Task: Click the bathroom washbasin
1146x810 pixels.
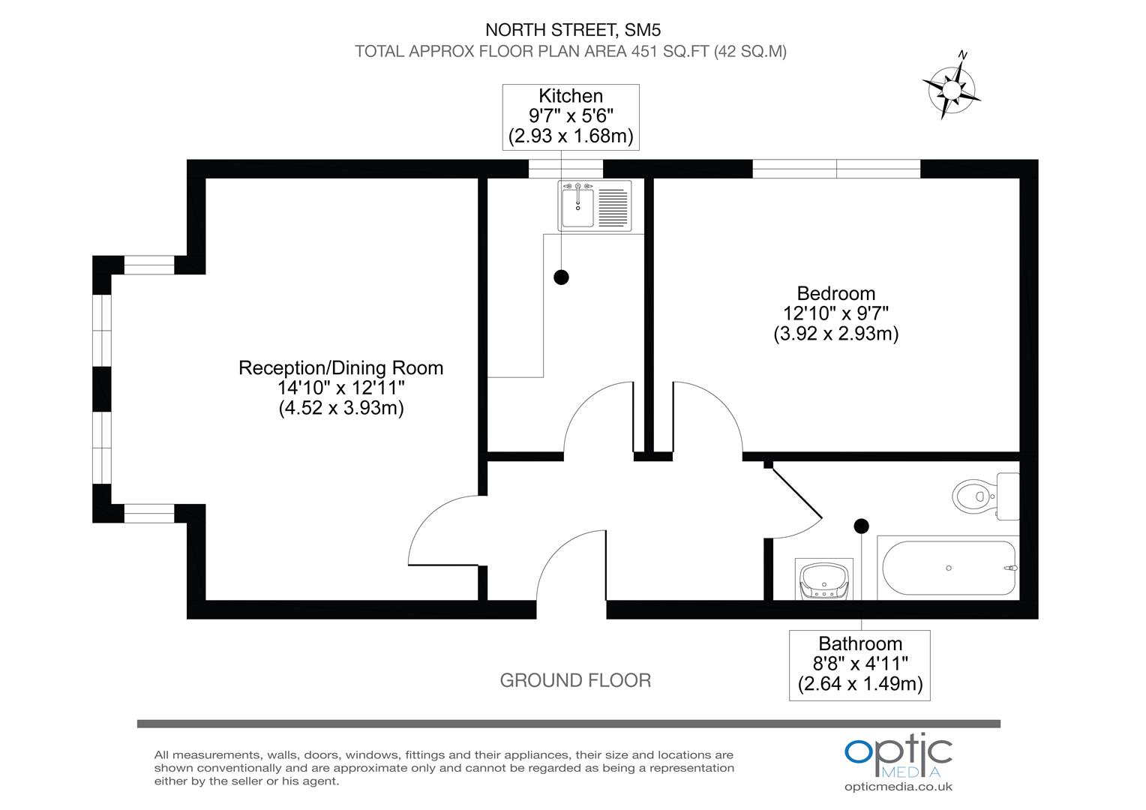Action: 823,580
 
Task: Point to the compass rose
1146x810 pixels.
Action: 952,88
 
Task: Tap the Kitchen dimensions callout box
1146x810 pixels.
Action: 571,116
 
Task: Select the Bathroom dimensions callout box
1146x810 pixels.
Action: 859,664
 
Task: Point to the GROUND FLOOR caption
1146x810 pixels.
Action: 575,680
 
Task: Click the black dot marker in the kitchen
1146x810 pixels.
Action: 561,277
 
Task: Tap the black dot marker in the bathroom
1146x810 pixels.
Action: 861,526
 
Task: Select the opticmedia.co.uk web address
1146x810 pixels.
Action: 898,787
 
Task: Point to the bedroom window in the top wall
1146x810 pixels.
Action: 836,169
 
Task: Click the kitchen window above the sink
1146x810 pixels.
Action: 565,169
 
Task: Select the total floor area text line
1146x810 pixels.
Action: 571,52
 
